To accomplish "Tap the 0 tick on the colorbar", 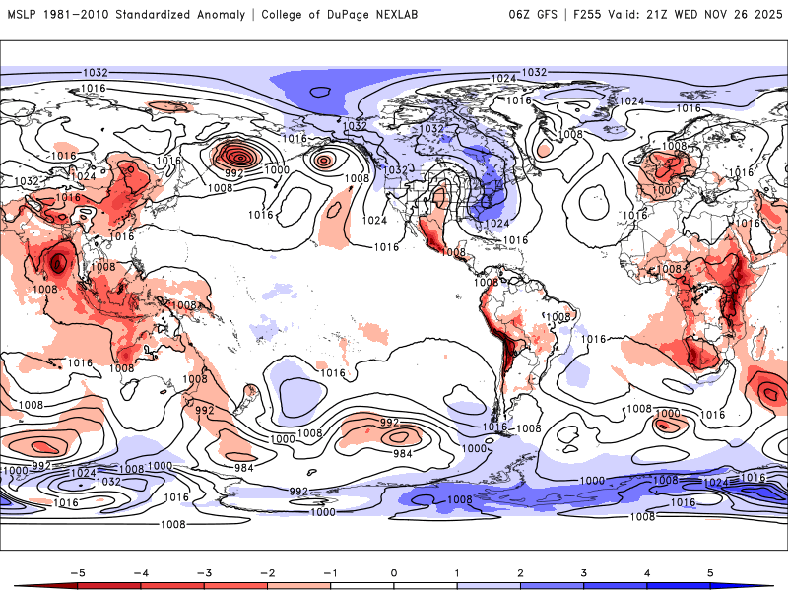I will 394,571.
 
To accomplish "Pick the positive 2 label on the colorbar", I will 520,571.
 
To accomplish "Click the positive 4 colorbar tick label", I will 646,571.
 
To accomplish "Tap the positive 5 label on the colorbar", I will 709,571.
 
